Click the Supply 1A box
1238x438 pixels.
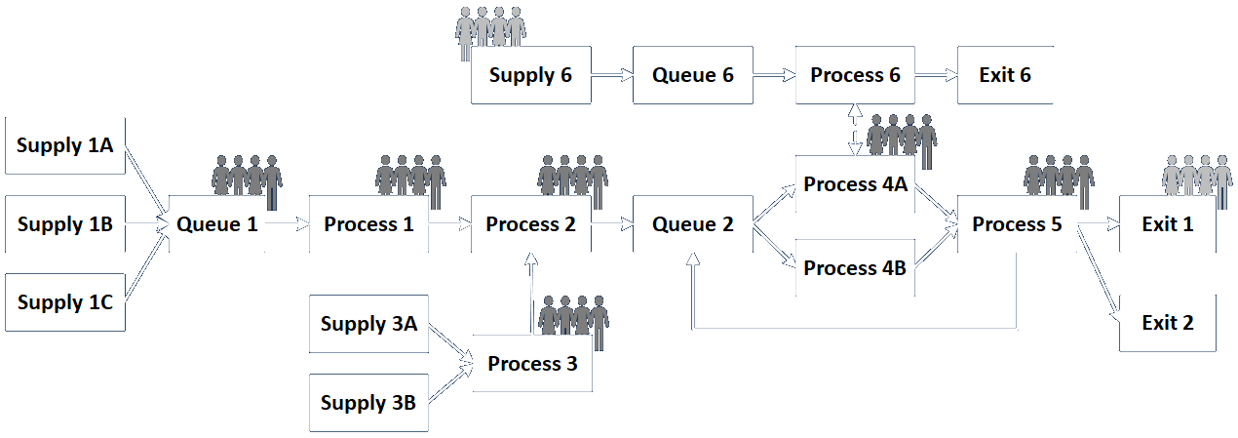[x=65, y=145]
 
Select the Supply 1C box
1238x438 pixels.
[x=65, y=302]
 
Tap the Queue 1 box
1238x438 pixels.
[x=217, y=224]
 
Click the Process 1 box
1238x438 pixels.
[x=368, y=224]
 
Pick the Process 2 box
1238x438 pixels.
[x=530, y=224]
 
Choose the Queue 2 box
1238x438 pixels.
[x=692, y=224]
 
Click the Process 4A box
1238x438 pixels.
[x=855, y=184]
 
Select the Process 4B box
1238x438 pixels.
[x=855, y=267]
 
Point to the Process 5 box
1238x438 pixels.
[x=1017, y=224]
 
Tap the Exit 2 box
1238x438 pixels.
[x=1168, y=323]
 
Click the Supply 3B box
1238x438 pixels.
[x=368, y=403]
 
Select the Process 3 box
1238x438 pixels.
[x=532, y=364]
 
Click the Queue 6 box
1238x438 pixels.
[x=692, y=74]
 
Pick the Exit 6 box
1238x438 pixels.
[x=1005, y=74]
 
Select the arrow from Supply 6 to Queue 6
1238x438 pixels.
[x=611, y=74]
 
